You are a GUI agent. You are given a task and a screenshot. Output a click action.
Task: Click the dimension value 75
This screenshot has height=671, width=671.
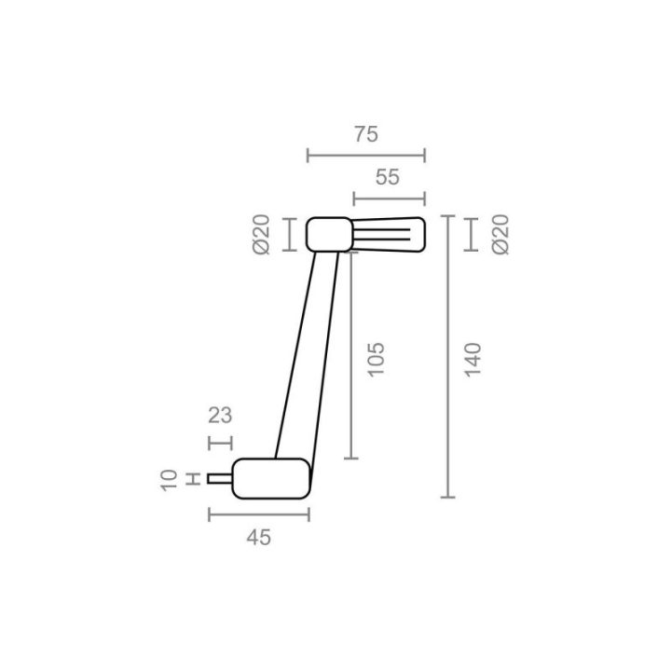pyautogui.click(x=366, y=134)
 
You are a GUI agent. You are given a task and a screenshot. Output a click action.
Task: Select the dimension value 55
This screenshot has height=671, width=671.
pyautogui.click(x=388, y=177)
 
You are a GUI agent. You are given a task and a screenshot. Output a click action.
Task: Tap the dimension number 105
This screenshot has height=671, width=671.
pyautogui.click(x=377, y=360)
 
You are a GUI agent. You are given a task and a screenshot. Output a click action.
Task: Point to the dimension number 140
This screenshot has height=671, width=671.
pyautogui.click(x=473, y=360)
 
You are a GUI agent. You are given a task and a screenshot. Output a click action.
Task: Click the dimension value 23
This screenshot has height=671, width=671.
pyautogui.click(x=220, y=416)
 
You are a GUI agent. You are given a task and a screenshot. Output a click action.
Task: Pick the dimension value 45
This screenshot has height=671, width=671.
pyautogui.click(x=258, y=538)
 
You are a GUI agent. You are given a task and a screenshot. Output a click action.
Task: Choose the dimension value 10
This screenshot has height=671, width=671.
pyautogui.click(x=169, y=480)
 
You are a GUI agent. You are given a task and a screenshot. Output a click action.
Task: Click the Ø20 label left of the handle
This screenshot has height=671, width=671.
pyautogui.click(x=262, y=235)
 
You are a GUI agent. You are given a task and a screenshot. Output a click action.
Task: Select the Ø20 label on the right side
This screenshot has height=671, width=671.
pyautogui.click(x=500, y=235)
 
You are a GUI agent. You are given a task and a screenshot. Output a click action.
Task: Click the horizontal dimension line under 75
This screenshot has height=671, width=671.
pyautogui.click(x=366, y=156)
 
